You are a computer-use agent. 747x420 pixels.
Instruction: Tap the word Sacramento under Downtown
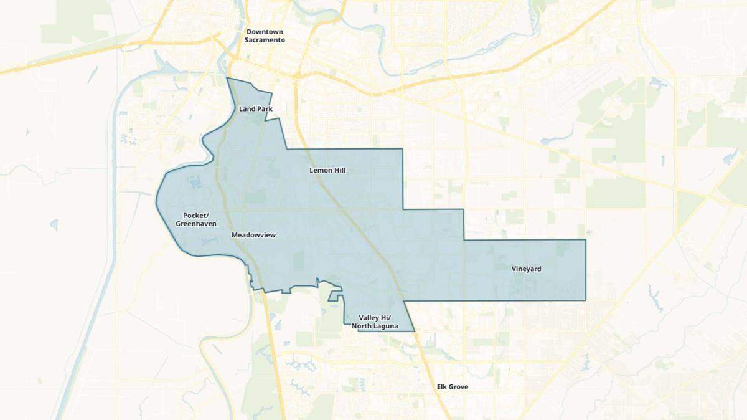[265, 39]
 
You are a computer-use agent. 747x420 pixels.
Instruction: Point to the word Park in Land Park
[265, 109]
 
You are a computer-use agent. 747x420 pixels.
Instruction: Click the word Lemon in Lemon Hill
[320, 170]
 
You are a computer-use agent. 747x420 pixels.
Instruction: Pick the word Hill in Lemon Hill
[339, 170]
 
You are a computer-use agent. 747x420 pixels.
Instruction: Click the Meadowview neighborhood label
[253, 236]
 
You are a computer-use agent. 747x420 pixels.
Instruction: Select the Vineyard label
[527, 269]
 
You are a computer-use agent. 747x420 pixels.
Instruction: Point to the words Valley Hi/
[374, 318]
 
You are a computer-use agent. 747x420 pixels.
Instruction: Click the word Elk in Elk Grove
[443, 387]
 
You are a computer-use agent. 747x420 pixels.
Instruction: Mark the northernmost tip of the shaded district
[228, 79]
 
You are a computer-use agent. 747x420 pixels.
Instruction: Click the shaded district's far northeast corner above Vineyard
[586, 239]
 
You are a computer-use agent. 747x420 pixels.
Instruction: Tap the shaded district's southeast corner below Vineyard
[586, 300]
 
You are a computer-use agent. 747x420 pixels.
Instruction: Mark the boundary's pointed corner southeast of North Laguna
[415, 331]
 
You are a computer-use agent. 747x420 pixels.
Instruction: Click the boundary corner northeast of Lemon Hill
[403, 149]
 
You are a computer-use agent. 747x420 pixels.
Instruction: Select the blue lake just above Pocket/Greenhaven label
[192, 183]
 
